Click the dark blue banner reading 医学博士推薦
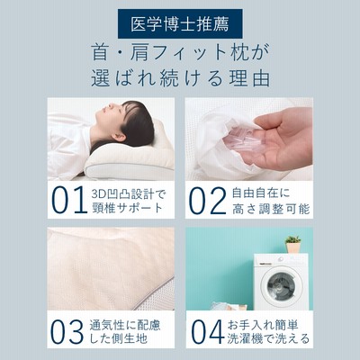click(x=180, y=23)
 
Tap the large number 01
click(x=68, y=200)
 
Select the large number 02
click(x=208, y=201)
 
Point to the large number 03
click(x=67, y=331)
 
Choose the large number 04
click(x=208, y=331)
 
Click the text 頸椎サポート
click(x=127, y=208)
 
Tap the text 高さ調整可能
click(x=271, y=209)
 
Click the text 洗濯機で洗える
click(x=268, y=338)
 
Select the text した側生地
click(x=119, y=338)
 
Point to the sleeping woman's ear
click(x=120, y=137)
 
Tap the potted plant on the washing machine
click(x=292, y=244)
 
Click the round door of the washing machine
click(x=282, y=285)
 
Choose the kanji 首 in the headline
click(x=100, y=52)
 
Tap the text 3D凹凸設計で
click(x=129, y=194)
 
